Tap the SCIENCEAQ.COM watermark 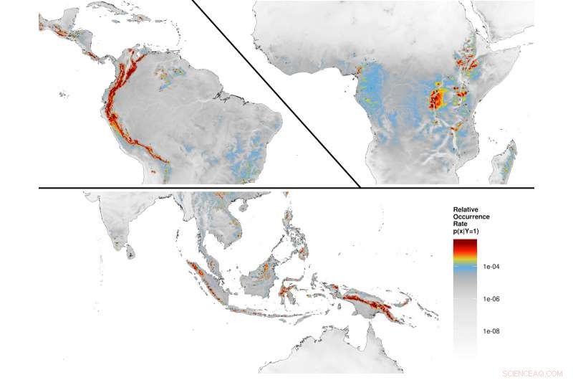coord(533,373)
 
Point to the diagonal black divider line coord(276,93)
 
